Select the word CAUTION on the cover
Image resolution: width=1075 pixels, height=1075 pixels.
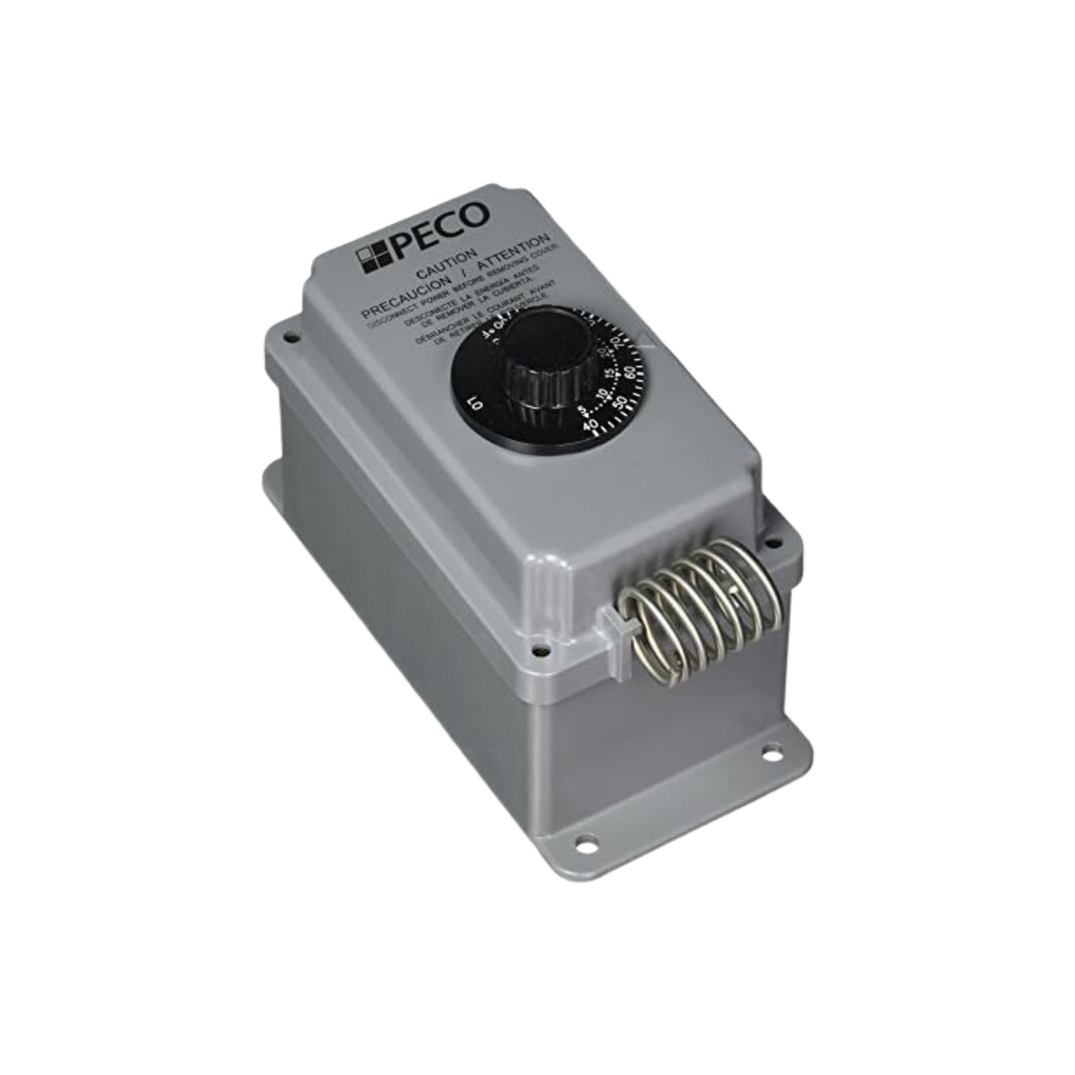coord(444,266)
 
